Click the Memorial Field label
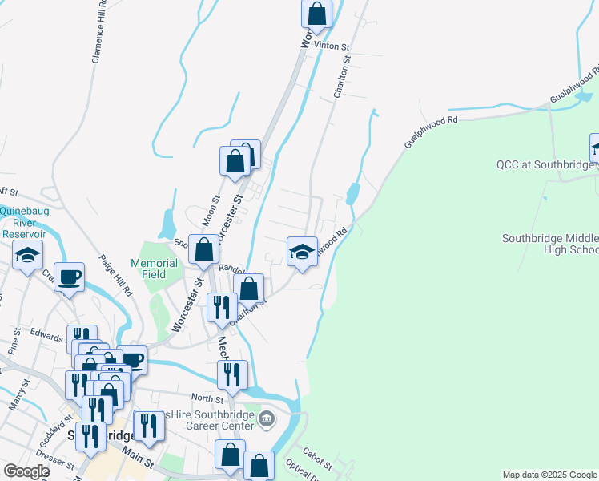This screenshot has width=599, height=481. [x=155, y=269]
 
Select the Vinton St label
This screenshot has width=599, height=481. [x=332, y=47]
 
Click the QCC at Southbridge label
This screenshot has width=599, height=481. [x=542, y=165]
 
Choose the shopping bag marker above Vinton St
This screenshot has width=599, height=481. [x=317, y=14]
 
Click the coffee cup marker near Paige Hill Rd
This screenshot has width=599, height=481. [x=69, y=277]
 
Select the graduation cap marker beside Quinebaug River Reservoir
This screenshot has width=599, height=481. [x=27, y=257]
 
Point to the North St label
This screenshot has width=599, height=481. [x=207, y=398]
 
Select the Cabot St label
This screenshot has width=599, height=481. [x=318, y=459]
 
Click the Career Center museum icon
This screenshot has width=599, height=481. [x=267, y=418]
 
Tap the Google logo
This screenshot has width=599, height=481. [x=26, y=471]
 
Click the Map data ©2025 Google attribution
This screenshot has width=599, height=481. [x=549, y=475]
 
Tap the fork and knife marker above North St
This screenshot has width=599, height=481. [x=232, y=374]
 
